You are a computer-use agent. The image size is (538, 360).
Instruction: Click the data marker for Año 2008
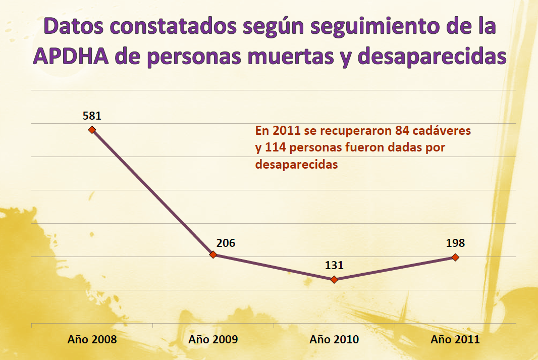tap(92, 130)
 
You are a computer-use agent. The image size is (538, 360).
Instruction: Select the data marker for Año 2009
tap(213, 255)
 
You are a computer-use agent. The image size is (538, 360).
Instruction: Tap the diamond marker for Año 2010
tap(334, 279)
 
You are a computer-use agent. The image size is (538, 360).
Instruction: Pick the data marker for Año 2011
tap(455, 257)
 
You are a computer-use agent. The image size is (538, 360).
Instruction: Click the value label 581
tap(92, 116)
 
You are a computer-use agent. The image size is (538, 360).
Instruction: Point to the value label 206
tap(226, 243)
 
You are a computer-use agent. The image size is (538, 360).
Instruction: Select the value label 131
tap(334, 266)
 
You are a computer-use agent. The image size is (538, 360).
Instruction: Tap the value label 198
tap(455, 243)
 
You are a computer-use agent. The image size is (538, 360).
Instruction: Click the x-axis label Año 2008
tap(92, 339)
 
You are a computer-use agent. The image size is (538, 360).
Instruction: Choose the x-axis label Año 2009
tap(213, 339)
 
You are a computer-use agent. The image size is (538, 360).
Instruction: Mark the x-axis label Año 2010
tap(334, 339)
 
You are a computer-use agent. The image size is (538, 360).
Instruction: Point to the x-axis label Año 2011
tap(455, 339)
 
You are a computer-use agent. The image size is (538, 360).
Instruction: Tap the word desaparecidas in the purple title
tap(432, 57)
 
